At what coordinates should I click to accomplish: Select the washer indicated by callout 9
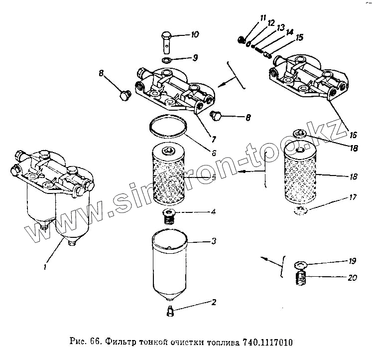coord(168,61)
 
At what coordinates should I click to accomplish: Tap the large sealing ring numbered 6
coord(168,126)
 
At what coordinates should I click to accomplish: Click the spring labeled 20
coord(300,279)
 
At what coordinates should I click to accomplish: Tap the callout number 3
coord(214,242)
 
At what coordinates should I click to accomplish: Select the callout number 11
coord(262,19)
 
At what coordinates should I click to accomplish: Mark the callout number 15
coord(300,37)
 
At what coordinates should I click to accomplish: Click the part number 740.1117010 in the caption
coord(268,343)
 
